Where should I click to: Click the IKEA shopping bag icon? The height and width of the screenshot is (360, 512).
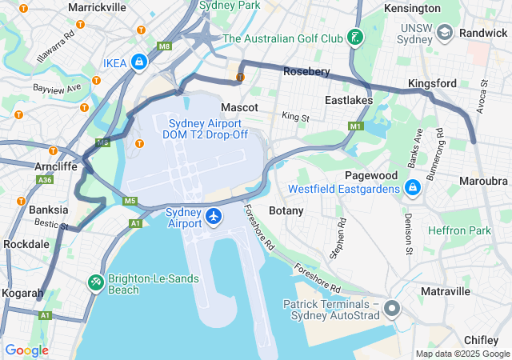139,62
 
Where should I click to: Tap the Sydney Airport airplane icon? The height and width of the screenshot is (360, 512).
214,216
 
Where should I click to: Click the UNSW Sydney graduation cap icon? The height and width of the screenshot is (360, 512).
445,32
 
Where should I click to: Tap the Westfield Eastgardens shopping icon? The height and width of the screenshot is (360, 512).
412,189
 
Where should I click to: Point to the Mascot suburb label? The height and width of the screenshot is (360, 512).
239,107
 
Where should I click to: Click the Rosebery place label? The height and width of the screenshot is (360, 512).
306,71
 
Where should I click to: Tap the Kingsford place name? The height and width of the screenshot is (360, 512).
432,83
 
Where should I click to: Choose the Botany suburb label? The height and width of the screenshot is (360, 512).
286,210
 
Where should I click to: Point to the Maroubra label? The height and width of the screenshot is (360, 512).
483,181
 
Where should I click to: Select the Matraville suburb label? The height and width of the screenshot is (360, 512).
445,292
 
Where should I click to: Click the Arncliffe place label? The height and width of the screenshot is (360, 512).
56,166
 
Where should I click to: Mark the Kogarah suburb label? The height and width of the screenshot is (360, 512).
22,294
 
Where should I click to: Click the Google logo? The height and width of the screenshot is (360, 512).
26,350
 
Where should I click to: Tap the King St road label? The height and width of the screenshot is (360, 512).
295,118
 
